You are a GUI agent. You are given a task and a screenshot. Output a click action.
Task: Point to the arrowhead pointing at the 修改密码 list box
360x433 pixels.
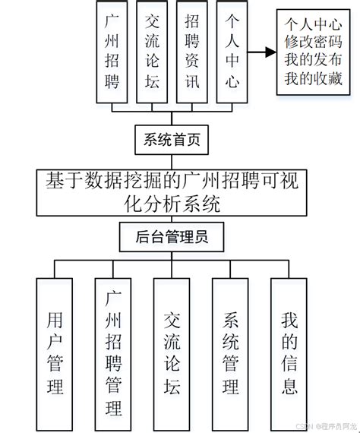coord(270,52)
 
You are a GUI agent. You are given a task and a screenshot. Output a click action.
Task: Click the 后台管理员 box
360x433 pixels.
coord(172,237)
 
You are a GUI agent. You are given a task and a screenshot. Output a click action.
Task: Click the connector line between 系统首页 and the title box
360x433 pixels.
coord(172,160)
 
